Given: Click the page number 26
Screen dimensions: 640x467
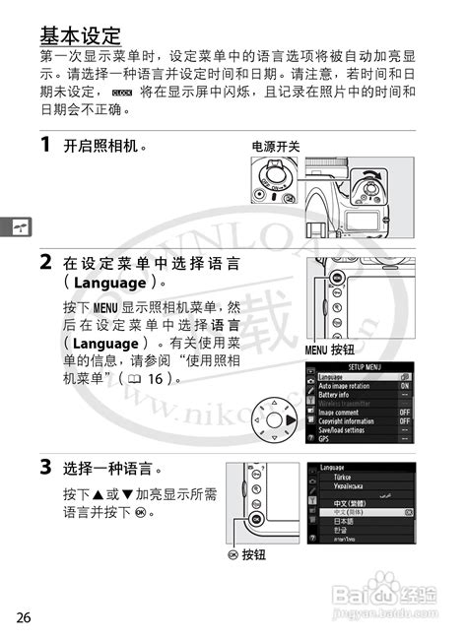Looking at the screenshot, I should pyautogui.click(x=24, y=617).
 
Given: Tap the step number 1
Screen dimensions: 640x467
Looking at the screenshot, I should pyautogui.click(x=45, y=146).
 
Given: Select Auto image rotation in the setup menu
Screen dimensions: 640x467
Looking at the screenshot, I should pyautogui.click(x=351, y=386).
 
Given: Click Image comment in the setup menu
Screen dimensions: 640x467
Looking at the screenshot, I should pyautogui.click(x=344, y=413).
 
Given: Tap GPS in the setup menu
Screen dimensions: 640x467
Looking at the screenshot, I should pyautogui.click(x=325, y=439).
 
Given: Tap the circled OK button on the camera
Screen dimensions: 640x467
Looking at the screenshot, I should pyautogui.click(x=255, y=519).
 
